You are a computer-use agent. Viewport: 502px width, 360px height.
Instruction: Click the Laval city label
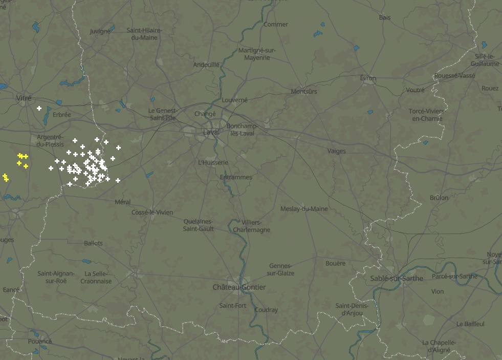point(211,132)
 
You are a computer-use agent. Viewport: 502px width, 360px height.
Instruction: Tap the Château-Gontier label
point(239,287)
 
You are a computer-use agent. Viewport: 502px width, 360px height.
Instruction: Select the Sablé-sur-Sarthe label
point(397,278)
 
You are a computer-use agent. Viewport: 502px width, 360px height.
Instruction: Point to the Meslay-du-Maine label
point(304,209)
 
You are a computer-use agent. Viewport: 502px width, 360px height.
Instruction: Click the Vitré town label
point(24,97)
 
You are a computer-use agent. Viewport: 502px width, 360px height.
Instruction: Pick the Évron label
point(367,78)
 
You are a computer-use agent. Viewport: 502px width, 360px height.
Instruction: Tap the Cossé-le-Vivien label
point(152,212)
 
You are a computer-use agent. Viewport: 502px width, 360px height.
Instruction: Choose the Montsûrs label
point(304,91)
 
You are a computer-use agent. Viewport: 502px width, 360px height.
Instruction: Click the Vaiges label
point(336,151)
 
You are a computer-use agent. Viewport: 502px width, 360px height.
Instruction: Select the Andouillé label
point(206,65)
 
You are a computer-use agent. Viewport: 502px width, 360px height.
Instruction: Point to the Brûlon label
point(439,198)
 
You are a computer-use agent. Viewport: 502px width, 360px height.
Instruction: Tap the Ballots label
point(93,243)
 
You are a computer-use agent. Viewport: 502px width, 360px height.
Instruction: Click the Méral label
point(123,202)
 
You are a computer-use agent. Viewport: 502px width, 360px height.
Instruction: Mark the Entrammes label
point(235,177)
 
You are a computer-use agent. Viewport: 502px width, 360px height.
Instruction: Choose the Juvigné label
point(100,31)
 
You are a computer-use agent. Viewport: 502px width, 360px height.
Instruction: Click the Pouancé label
point(40,341)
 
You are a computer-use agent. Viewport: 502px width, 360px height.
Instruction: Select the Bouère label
point(335,263)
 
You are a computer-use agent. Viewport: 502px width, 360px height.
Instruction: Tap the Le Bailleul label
point(470,324)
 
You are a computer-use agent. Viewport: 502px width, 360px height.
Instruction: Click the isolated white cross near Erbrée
point(39,108)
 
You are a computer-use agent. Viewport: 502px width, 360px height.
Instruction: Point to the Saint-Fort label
point(232,306)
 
